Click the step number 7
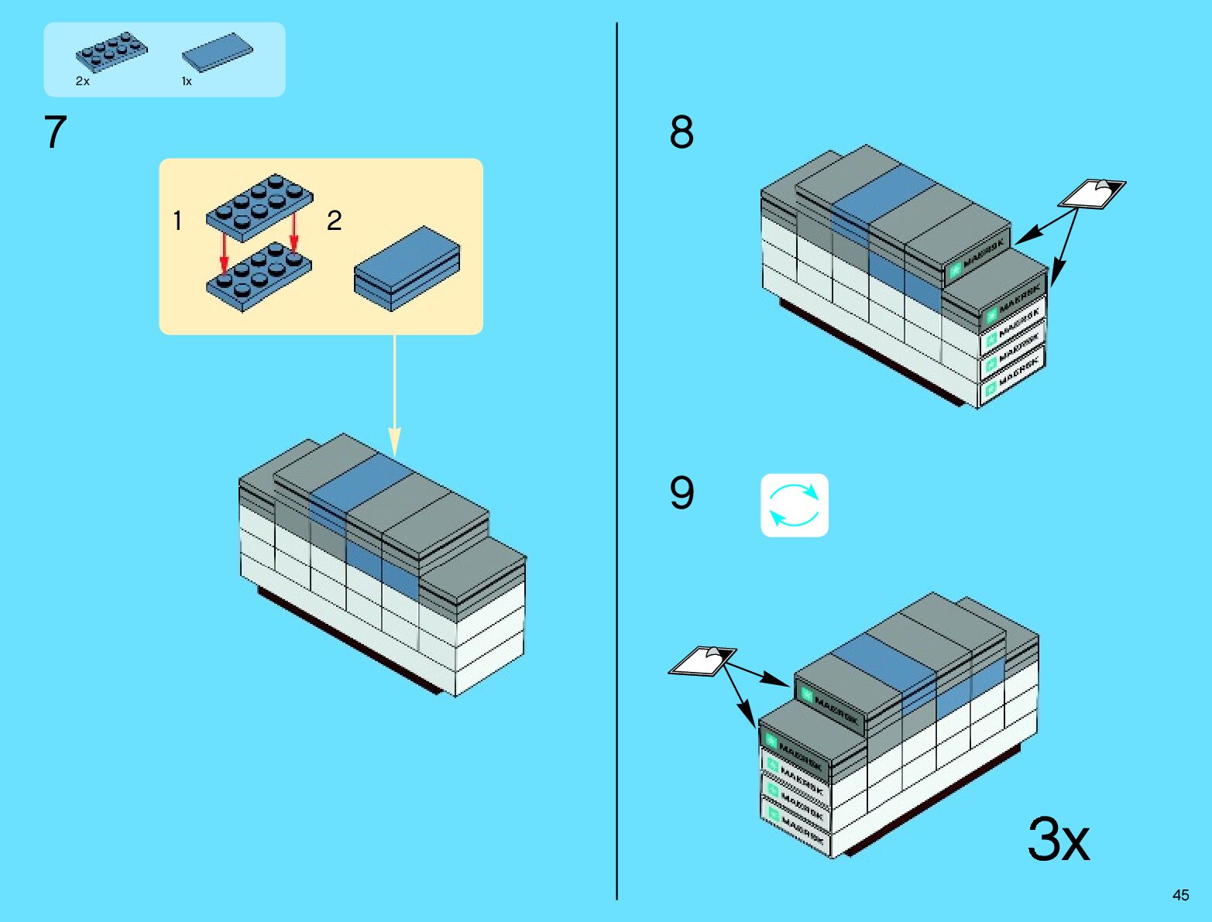55,132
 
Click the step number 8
682,132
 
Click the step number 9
682,493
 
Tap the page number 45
1180,895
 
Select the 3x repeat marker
1058,839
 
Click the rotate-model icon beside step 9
795,506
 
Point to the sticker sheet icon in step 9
702,661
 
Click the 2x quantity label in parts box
82,81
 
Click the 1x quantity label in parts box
187,81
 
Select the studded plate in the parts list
112,51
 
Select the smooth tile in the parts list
217,53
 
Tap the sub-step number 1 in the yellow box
177,221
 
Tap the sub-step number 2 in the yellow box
334,221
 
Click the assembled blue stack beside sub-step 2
407,268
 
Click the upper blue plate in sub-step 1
259,203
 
